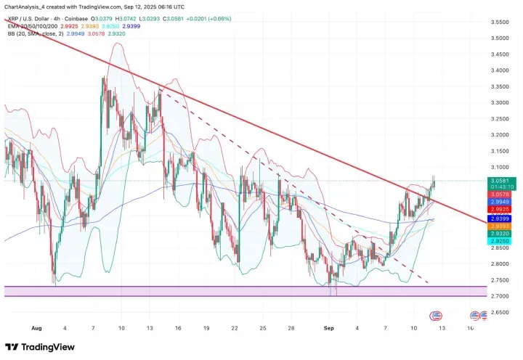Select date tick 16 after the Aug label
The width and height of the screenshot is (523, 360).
coord(179,327)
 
